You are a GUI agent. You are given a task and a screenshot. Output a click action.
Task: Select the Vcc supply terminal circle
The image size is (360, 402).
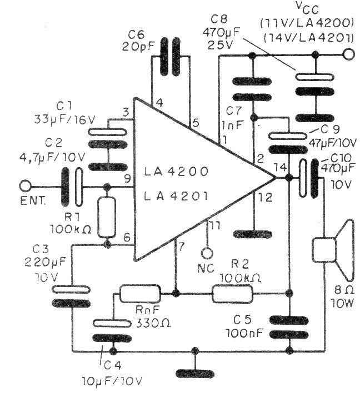click(x=348, y=54)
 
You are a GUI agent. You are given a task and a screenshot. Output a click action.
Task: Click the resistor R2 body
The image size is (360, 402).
click(x=232, y=293)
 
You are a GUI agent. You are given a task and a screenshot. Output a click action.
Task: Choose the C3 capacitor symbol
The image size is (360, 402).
click(x=72, y=295)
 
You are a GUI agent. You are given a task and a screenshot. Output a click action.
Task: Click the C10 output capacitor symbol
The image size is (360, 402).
click(x=309, y=178)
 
